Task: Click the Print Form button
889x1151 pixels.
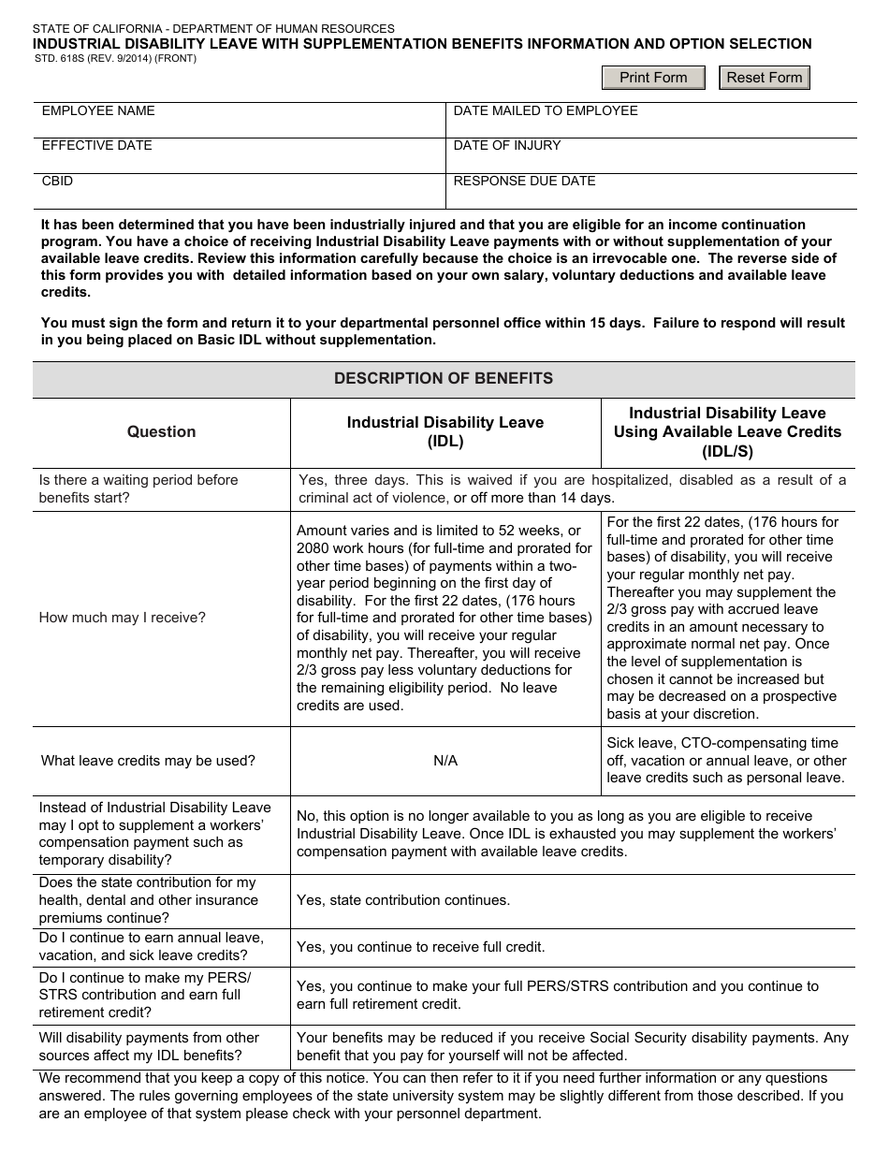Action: pos(653,78)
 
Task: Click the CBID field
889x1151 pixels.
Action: pos(240,190)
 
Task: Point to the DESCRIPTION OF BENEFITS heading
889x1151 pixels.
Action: pos(444,379)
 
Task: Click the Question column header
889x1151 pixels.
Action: pos(162,431)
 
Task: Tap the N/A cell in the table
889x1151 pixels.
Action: pos(445,761)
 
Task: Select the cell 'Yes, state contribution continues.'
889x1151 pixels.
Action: pos(403,900)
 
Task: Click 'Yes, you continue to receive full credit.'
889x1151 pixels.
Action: pos(420,947)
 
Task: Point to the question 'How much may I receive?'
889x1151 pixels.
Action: pos(123,618)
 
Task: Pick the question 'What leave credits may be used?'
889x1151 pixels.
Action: pos(148,761)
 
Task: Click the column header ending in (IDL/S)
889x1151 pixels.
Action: pos(727,431)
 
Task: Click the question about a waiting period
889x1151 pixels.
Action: pos(138,488)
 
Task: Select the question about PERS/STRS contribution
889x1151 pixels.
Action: pos(145,995)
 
